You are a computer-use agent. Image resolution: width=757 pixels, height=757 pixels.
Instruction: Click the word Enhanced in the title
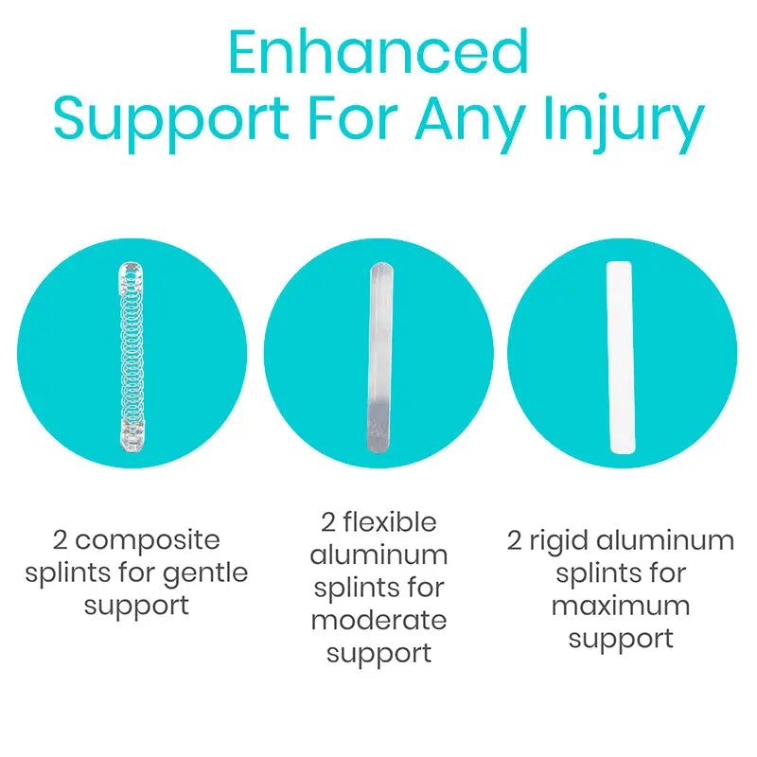pyautogui.click(x=378, y=52)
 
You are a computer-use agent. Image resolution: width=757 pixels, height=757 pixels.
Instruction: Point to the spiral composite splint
pyautogui.click(x=132, y=358)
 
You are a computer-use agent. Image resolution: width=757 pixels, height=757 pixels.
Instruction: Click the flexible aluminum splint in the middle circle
pyautogui.click(x=380, y=358)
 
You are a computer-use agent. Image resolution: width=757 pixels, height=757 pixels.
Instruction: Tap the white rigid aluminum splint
pyautogui.click(x=621, y=358)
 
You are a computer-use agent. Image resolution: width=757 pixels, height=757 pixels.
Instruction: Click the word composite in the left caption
pyautogui.click(x=148, y=540)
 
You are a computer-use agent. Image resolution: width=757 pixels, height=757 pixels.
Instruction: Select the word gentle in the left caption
pyautogui.click(x=205, y=574)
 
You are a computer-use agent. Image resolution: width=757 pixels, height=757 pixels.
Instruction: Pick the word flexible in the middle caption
pyautogui.click(x=390, y=523)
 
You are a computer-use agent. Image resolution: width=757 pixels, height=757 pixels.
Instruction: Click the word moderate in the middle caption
pyautogui.click(x=379, y=621)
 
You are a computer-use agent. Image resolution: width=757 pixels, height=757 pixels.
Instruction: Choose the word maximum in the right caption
pyautogui.click(x=621, y=607)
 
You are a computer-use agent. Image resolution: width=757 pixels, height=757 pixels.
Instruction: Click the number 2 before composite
pyautogui.click(x=60, y=540)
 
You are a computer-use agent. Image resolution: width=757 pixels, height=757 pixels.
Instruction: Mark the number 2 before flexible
pyautogui.click(x=328, y=523)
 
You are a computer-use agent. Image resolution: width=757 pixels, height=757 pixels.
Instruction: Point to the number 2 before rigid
pyautogui.click(x=515, y=540)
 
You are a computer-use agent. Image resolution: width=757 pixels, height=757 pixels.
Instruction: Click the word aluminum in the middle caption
pyautogui.click(x=379, y=555)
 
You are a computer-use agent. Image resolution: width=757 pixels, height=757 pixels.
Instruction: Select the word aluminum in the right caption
pyautogui.click(x=665, y=540)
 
